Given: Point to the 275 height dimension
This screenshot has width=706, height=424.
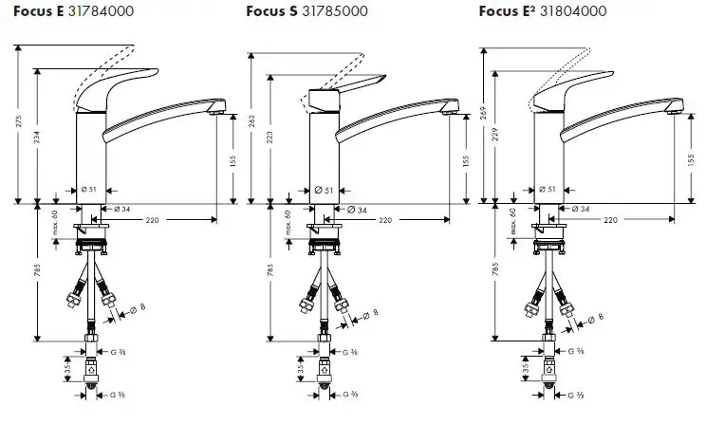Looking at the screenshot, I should pos(18,123).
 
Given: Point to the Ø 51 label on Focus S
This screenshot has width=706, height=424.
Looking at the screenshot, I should pos(324,190).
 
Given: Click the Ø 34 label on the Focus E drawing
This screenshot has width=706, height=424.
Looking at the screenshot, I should pos(122,208).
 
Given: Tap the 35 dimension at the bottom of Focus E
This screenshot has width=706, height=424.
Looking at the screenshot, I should pos(65,364).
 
